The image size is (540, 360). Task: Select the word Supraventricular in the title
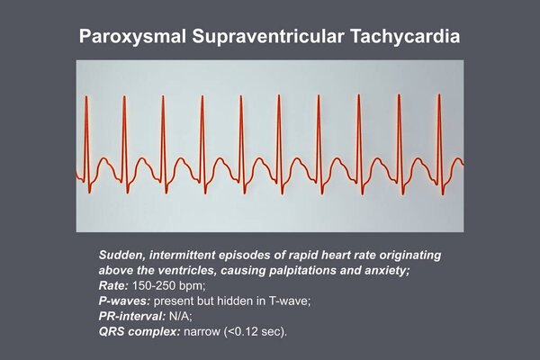tap(268, 37)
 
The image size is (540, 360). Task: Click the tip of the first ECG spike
tap(86, 96)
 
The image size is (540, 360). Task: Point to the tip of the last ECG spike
tap(439, 94)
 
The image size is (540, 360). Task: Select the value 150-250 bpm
tap(169, 285)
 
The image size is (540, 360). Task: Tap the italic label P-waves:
tap(125, 301)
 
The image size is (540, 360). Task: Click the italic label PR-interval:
tap(132, 316)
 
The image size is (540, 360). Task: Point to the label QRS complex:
tap(139, 332)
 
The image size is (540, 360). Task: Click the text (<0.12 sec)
tap(256, 332)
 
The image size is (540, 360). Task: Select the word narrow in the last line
tap(202, 332)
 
